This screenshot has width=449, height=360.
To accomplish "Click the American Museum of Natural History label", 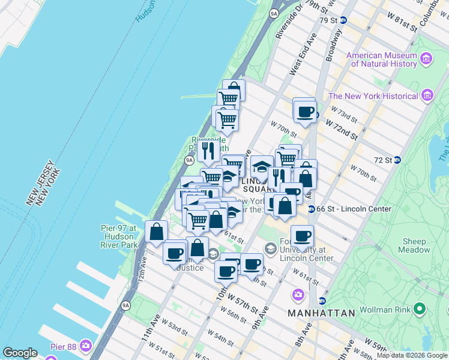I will click(382, 59).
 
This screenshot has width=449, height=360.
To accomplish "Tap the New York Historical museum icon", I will click(427, 95).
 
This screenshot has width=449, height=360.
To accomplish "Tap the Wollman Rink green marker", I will click(419, 310).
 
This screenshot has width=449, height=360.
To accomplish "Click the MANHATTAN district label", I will click(322, 313).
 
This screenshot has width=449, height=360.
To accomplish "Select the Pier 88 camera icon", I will click(86, 346).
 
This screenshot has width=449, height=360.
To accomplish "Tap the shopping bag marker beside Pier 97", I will click(156, 232).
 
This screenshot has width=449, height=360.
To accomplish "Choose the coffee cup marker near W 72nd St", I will click(305, 111).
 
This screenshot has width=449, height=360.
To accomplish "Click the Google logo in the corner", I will click(20, 353).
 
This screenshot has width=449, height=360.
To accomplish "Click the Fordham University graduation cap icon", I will click(270, 248).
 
